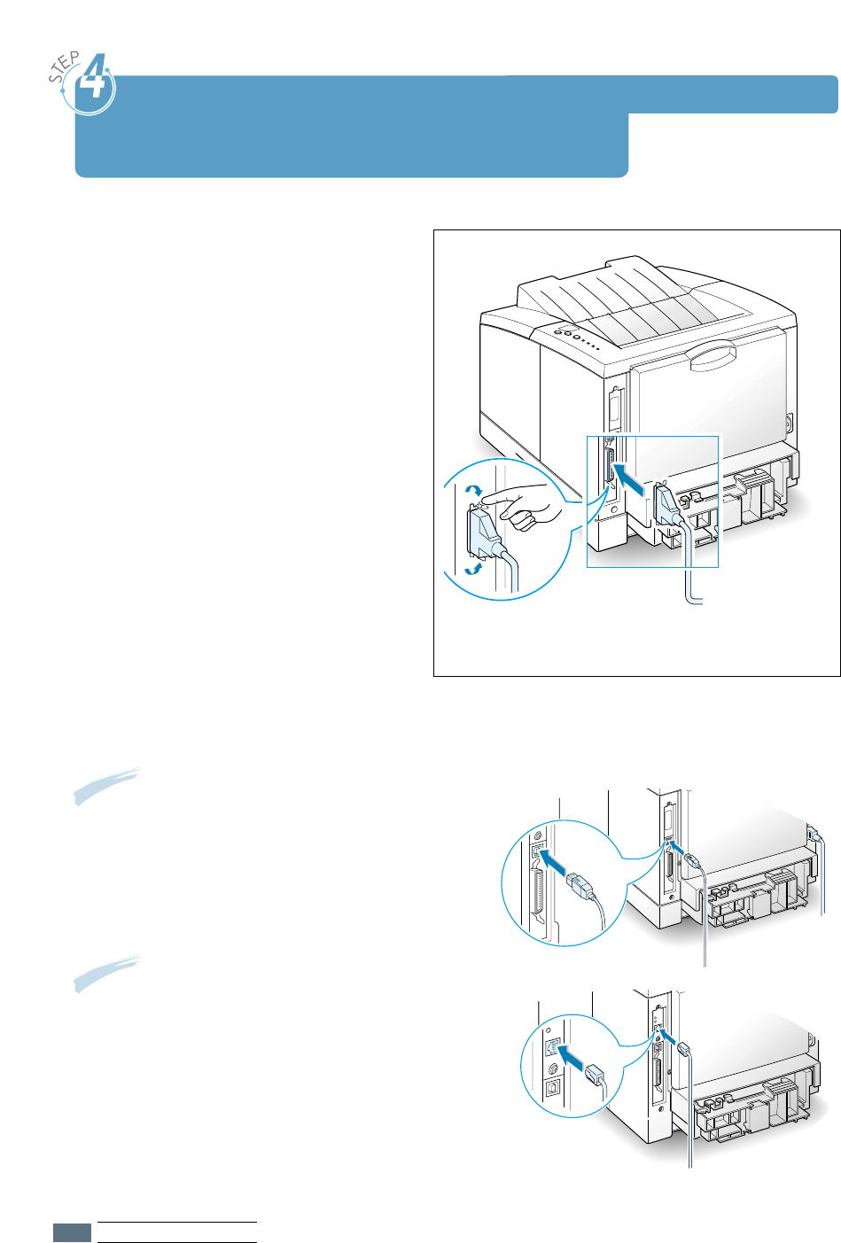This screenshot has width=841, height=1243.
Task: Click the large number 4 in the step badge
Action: point(93,82)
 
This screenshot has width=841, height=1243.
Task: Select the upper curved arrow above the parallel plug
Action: point(474,492)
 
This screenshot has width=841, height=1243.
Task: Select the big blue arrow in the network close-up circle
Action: point(572,1058)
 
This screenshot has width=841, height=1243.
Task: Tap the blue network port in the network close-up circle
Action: point(552,1048)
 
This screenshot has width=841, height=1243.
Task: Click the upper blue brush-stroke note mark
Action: point(106,785)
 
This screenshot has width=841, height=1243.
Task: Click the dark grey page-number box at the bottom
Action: point(72,1232)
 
